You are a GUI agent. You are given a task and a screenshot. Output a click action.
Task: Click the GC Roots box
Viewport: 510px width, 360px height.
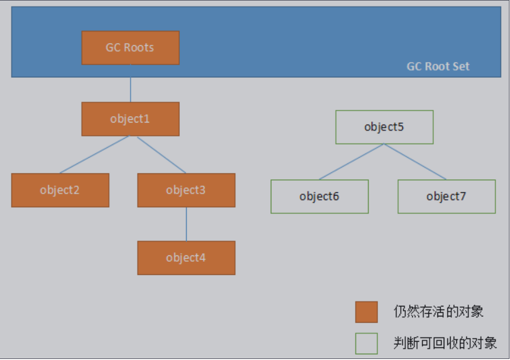pos(130,48)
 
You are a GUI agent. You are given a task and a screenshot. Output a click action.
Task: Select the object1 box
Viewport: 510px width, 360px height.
pos(130,119)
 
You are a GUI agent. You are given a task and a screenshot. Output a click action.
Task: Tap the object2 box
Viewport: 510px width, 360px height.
pos(60,190)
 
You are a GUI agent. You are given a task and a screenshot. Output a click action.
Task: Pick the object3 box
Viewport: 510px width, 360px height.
pos(186,190)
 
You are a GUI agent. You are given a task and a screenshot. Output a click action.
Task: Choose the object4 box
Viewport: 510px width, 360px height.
pos(186,258)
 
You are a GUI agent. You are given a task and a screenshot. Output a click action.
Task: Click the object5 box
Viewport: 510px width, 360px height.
pos(384,127)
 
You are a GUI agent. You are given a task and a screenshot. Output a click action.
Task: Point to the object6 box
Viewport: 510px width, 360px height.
pos(319,197)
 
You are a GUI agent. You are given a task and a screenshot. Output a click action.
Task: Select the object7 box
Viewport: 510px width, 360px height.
pos(446,197)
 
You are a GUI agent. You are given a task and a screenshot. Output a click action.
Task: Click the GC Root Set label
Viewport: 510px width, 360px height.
pos(438,67)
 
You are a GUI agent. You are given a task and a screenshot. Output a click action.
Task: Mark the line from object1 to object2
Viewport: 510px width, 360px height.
pos(95,155)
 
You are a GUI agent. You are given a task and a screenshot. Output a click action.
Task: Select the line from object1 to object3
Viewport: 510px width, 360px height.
pos(161,155)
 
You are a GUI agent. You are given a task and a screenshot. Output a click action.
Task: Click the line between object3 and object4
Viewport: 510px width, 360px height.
pos(186,224)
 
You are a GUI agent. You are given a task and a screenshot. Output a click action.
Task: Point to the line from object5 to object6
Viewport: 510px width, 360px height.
pos(351,162)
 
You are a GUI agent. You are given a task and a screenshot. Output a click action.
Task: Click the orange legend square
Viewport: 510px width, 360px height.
pos(366,312)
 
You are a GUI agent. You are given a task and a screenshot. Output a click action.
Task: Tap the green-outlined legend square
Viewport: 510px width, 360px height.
pos(366,344)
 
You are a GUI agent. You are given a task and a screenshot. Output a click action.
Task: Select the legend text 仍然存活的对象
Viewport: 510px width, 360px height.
pos(438,312)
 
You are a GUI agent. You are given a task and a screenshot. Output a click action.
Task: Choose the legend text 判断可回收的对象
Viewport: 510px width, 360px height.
pos(445,344)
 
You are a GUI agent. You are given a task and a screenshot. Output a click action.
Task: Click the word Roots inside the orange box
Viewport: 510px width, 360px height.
pos(139,48)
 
